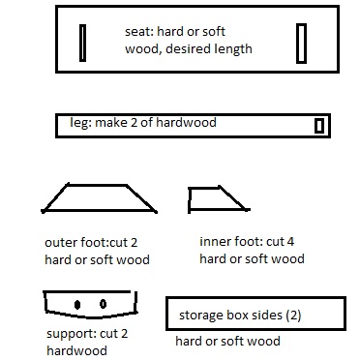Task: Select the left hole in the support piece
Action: coord(77,305)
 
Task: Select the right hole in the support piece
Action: coord(103,304)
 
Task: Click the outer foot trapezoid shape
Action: coord(97,211)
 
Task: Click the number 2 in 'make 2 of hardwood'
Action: coord(134,123)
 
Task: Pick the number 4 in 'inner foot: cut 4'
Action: coord(290,242)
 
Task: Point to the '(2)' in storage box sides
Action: coord(293,316)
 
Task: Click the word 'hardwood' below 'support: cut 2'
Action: coord(76,350)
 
